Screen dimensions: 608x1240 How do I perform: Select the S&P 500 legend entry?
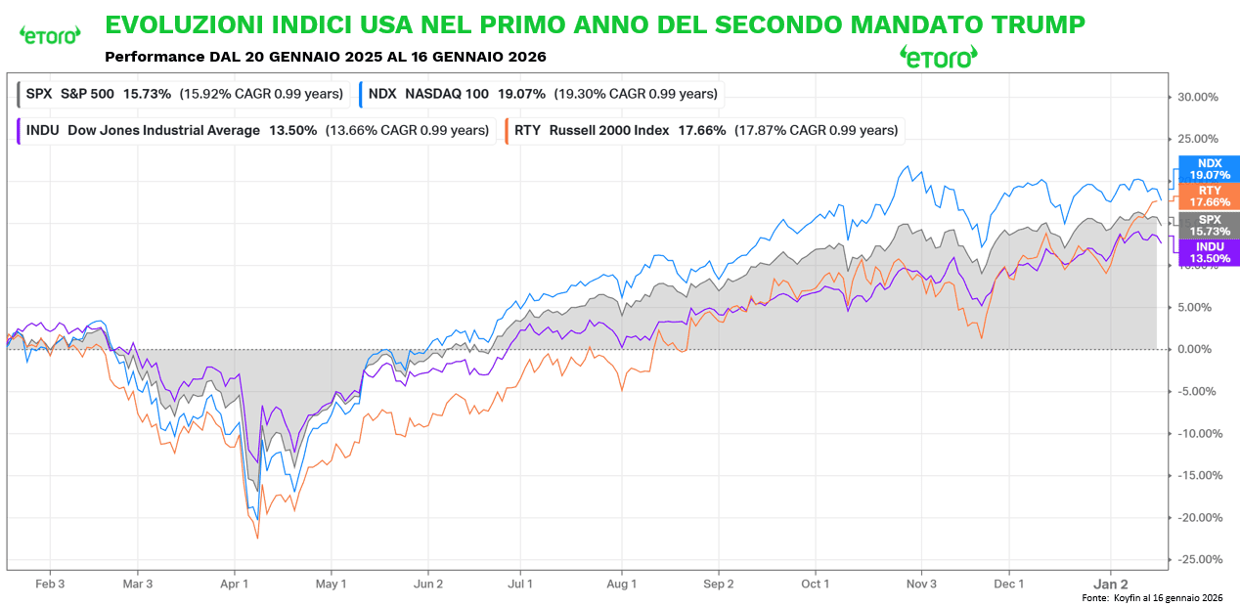[183, 94]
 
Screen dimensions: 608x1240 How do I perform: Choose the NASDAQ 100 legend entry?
[540, 94]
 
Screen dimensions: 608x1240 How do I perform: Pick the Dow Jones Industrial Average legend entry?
[254, 130]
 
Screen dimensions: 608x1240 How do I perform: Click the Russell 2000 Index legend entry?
[702, 130]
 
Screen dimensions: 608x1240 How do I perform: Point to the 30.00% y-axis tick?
[1197, 97]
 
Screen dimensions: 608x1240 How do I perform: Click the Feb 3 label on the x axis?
[50, 584]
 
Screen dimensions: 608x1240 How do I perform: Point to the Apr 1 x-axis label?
[236, 584]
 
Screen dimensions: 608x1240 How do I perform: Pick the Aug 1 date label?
[622, 584]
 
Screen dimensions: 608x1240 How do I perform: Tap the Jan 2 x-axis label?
[1110, 584]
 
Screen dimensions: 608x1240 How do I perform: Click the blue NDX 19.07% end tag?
[1210, 169]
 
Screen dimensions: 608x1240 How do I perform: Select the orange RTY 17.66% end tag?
[1210, 196]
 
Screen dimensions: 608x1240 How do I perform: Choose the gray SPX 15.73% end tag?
[1210, 225]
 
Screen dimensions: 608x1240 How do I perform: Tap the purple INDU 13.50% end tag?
[1210, 253]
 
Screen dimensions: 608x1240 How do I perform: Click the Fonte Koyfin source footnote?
[1152, 597]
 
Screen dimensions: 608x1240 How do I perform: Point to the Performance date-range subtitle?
[325, 57]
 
